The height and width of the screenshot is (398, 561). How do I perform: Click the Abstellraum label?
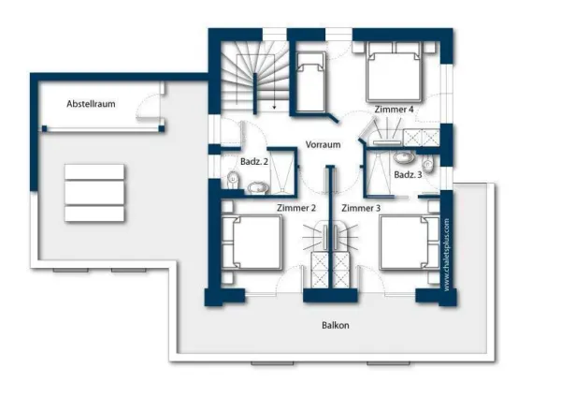click(x=91, y=104)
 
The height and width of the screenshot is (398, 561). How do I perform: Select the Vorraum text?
click(x=323, y=145)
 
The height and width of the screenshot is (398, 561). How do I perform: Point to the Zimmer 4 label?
click(x=394, y=110)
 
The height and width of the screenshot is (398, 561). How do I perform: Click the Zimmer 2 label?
click(x=295, y=207)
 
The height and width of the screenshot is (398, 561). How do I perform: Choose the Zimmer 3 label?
click(x=361, y=207)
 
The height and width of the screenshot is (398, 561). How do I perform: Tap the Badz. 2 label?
click(x=254, y=162)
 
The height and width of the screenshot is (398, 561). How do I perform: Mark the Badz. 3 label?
click(x=408, y=175)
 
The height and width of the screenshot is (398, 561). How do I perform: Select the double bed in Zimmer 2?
click(x=254, y=244)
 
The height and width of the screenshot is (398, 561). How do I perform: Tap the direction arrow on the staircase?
click(x=274, y=104)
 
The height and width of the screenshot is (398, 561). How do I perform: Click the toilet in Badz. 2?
click(x=232, y=179)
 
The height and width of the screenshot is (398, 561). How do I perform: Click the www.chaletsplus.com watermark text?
click(x=448, y=254)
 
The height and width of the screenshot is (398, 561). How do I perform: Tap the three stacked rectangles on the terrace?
click(x=94, y=192)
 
